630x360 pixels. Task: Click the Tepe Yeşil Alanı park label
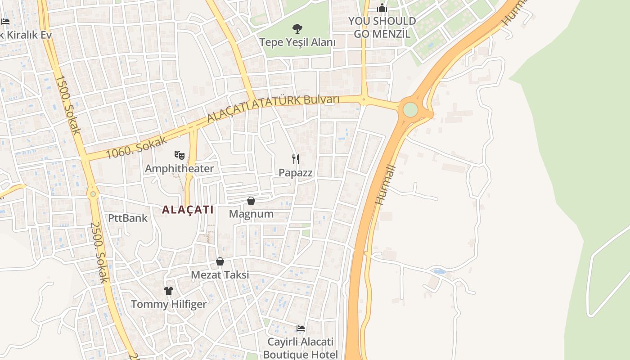(x=297, y=42)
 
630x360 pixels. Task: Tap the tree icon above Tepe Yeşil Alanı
(x=297, y=29)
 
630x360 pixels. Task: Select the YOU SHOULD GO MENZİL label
(x=382, y=27)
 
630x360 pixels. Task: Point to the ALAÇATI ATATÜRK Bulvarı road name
(x=273, y=107)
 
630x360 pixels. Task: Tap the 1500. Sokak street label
(x=68, y=104)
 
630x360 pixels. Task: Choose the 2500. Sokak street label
(x=99, y=252)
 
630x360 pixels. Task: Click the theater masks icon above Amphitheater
(x=180, y=155)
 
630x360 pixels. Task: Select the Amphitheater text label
(x=179, y=169)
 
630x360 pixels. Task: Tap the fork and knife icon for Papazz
(x=296, y=159)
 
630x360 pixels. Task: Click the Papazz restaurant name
(x=295, y=172)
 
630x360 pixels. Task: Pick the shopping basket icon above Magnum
(x=251, y=201)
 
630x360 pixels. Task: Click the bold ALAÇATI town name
(x=188, y=210)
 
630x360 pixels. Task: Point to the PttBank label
(x=128, y=218)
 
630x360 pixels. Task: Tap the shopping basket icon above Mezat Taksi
(x=220, y=261)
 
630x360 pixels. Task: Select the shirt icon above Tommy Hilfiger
(x=169, y=291)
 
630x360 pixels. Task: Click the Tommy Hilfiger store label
(x=169, y=304)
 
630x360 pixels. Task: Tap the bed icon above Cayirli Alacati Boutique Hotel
(x=301, y=328)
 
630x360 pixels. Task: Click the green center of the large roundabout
(x=410, y=109)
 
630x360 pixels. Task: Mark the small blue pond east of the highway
(x=439, y=271)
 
